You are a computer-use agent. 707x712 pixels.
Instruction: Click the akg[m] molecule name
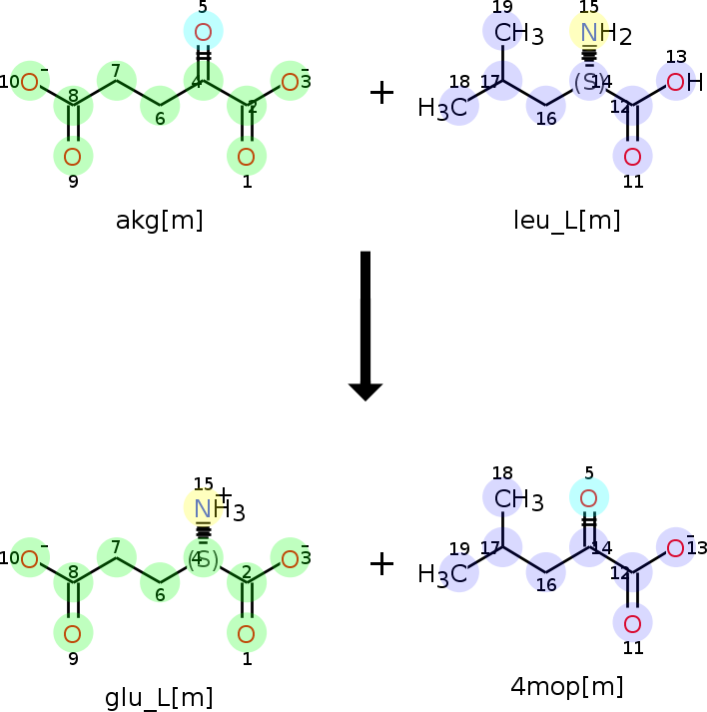tap(159, 221)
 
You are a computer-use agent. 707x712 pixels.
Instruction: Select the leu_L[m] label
tap(566, 221)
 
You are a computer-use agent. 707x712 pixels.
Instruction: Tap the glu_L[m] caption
tap(159, 697)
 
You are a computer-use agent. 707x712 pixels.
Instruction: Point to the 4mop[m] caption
tap(567, 686)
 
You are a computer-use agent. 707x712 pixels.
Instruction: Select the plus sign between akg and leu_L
tap(381, 93)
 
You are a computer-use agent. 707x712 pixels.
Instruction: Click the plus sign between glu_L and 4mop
tap(381, 564)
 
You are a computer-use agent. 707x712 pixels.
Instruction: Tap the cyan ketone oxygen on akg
tap(203, 32)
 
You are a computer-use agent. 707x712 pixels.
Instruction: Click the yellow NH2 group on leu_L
tap(590, 33)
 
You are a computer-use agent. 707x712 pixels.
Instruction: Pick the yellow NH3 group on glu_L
tap(205, 508)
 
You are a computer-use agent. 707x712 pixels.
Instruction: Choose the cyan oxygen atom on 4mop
tap(589, 497)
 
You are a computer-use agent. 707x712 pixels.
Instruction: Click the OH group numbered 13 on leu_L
tap(678, 82)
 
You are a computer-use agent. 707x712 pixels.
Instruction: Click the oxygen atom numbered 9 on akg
tap(73, 156)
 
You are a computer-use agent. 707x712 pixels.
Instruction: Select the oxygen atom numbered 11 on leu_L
tap(632, 156)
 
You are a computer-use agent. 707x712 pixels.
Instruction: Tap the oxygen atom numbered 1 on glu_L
tap(247, 632)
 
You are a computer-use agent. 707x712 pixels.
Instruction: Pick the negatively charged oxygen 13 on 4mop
tap(676, 548)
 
